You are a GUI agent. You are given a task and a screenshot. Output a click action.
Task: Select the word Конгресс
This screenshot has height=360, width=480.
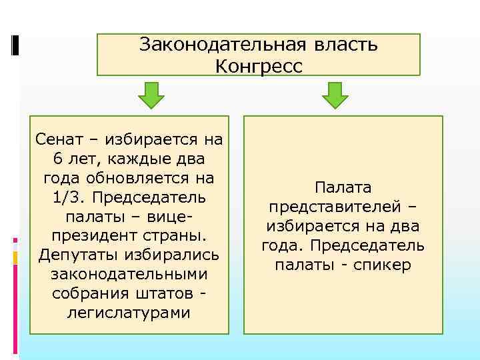point(259,66)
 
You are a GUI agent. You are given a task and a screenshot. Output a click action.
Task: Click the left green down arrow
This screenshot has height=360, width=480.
point(151,96)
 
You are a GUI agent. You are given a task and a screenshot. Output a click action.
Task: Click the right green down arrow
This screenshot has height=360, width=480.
point(335,96)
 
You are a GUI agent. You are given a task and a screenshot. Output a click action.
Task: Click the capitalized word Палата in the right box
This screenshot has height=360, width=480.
point(343,188)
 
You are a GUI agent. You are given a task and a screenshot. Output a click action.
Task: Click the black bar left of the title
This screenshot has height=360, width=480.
point(15,45)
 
